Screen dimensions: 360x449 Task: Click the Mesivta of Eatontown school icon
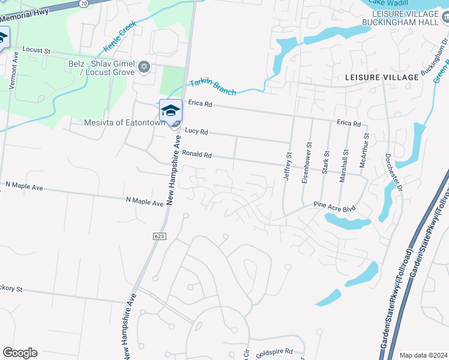170,110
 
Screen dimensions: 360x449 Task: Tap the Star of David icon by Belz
143,66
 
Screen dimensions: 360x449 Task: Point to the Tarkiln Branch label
212,87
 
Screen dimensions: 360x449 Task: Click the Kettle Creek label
119,37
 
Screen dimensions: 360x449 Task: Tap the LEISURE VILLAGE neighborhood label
382,78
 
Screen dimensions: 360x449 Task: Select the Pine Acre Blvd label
335,206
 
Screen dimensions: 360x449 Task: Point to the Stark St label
327,162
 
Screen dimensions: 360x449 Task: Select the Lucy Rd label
196,131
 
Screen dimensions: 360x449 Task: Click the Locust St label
34,50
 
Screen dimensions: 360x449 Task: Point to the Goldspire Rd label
274,352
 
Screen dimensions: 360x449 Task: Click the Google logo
20,353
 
